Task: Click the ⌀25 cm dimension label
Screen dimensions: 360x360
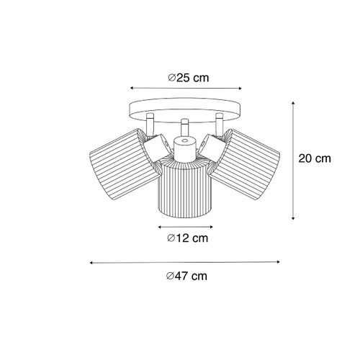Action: [185, 78]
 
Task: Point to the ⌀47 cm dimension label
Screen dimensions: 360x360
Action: [185, 276]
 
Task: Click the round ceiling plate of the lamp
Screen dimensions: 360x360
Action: [184, 110]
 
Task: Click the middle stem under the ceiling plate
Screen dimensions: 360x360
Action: [184, 127]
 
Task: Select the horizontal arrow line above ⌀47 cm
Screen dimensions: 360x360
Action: [184, 263]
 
